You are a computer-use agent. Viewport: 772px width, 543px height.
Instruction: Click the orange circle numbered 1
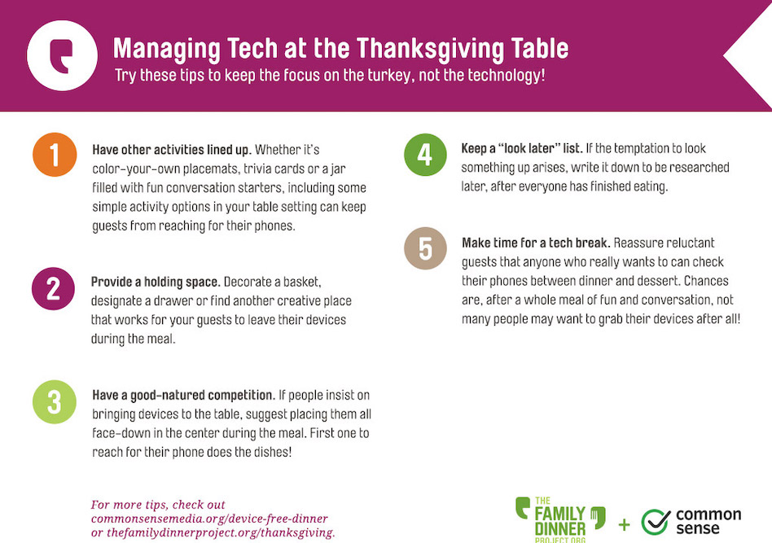pos(55,155)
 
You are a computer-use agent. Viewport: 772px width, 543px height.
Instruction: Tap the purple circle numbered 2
pos(53,288)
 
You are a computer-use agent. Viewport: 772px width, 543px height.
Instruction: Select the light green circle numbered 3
pos(55,401)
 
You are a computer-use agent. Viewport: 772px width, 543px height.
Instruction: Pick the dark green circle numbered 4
pos(425,155)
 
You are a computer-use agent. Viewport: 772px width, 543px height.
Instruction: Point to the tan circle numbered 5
pos(425,248)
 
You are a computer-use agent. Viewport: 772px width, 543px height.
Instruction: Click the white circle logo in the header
pos(62,55)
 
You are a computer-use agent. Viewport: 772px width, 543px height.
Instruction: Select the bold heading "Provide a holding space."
pos(155,282)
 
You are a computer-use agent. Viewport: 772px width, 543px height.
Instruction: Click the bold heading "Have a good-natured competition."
pos(182,396)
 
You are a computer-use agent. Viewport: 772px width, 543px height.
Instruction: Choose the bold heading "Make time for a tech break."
pos(536,243)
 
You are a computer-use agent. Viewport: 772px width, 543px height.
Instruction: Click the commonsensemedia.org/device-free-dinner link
pos(209,519)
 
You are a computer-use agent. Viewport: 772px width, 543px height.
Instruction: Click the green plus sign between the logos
pos(625,525)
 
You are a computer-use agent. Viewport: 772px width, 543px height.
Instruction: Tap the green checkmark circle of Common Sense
pos(656,522)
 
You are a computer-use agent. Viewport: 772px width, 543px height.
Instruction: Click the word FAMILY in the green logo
pos(560,514)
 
